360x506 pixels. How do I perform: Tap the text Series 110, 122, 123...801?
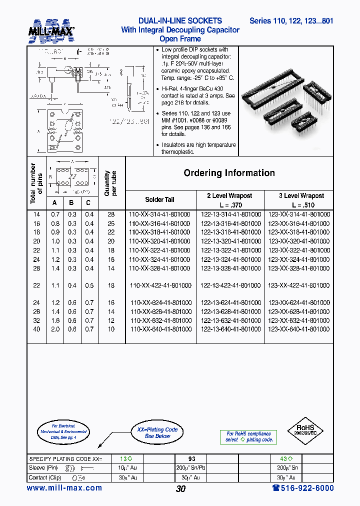pyautogui.click(x=291, y=21)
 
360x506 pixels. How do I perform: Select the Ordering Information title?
pyautogui.click(x=229, y=173)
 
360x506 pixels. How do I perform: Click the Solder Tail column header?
pyautogui.click(x=160, y=199)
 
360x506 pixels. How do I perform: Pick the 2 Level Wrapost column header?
pyautogui.click(x=229, y=196)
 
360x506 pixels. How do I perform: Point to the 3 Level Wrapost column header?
pyautogui.click(x=301, y=196)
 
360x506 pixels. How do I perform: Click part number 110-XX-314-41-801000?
pyautogui.click(x=159, y=214)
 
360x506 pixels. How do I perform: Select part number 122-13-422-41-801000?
pyautogui.click(x=230, y=285)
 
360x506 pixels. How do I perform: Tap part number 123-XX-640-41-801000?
pyautogui.click(x=299, y=329)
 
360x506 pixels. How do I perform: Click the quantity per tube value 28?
pyautogui.click(x=111, y=214)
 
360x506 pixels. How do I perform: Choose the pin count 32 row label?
pyautogui.click(x=36, y=320)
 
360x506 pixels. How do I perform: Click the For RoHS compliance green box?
pyautogui.click(x=248, y=437)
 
